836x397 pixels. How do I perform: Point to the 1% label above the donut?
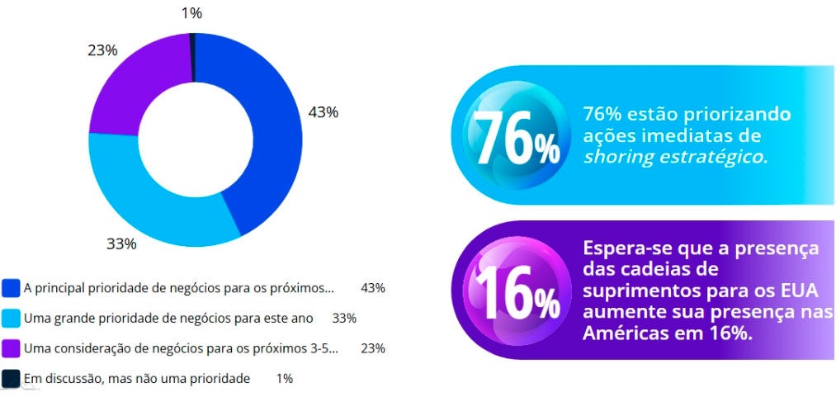click(x=192, y=12)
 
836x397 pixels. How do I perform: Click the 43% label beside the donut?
click(x=323, y=112)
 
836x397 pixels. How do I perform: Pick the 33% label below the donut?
click(x=121, y=243)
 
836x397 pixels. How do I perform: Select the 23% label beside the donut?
click(x=102, y=50)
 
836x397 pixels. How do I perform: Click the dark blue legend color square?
click(x=11, y=288)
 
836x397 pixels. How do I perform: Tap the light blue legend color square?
click(x=11, y=318)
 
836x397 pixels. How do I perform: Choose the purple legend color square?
click(x=11, y=347)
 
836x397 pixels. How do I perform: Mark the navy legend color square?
click(x=11, y=378)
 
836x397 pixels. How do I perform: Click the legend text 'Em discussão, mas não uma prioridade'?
click(x=137, y=378)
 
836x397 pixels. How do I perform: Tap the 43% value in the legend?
click(x=373, y=288)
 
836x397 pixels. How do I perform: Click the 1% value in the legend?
click(x=285, y=378)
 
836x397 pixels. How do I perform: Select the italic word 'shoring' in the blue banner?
click(x=615, y=157)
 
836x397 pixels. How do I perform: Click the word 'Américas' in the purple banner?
click(x=623, y=332)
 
